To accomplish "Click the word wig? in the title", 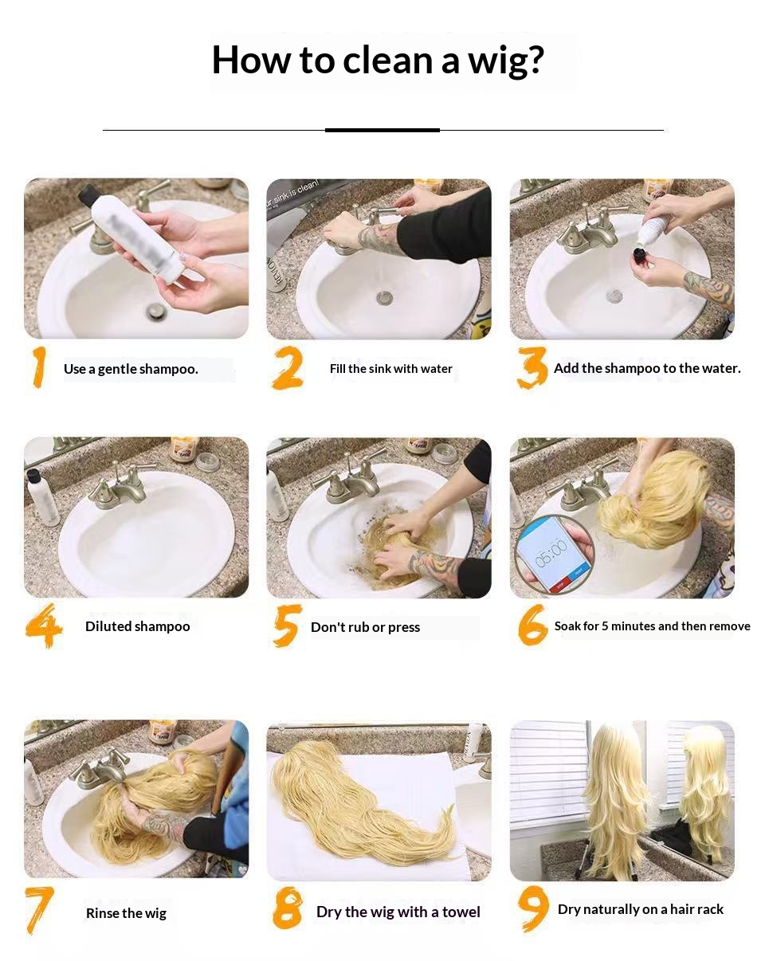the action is [506, 61].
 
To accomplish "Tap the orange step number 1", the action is [39, 367].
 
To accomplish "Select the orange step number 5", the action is [287, 626].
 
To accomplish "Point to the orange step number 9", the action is [533, 908].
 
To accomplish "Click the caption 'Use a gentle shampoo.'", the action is [131, 369].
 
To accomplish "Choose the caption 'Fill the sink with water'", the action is [390, 369].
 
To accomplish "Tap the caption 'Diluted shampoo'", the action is [138, 626].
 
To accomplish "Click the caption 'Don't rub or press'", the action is [365, 627].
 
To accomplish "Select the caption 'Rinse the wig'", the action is [126, 913].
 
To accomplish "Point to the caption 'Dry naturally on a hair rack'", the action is [641, 909].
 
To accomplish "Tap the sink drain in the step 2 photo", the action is [384, 298].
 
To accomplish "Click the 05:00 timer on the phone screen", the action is [551, 552].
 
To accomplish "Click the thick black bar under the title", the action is [382, 130].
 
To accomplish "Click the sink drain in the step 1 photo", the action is [155, 311].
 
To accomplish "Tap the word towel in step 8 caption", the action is [461, 912].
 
